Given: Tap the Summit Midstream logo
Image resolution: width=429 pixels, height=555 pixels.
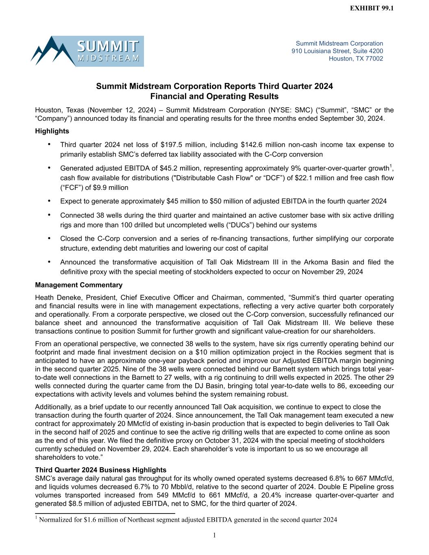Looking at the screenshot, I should tap(87, 51).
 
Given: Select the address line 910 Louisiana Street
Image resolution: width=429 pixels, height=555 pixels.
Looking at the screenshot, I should tap(337, 51).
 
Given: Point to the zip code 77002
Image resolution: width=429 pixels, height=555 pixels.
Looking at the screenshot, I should tap(374, 59).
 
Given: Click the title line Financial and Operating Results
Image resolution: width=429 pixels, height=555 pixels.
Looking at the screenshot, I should tap(214, 96).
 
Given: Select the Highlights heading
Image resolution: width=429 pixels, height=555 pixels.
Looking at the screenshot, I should tap(52, 131).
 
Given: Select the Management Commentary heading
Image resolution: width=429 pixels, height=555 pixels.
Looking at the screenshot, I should tap(78, 285).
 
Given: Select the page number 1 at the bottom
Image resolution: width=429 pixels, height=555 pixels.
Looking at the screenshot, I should tap(214, 535).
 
